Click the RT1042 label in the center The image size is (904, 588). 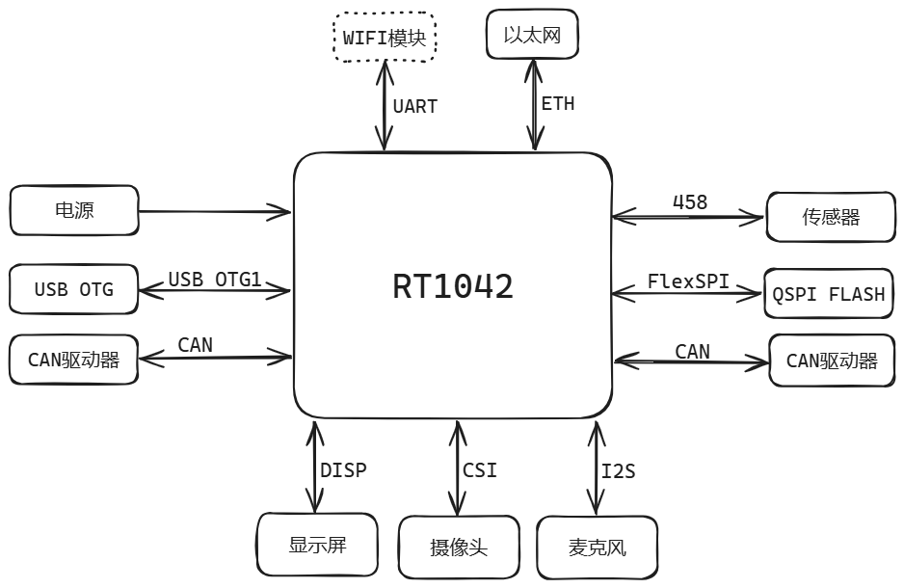coord(453,286)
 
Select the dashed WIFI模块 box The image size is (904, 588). coord(385,37)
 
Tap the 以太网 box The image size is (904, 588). coord(532,34)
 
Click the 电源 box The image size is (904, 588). coord(74,210)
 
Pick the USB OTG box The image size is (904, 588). coord(74,289)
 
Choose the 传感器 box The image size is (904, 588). coord(831,217)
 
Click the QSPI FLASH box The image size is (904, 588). coord(829,293)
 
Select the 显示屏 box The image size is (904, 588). coord(317,545)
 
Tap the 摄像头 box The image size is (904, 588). coord(459,548)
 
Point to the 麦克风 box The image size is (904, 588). coord(598,548)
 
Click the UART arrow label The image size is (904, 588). coord(415,107)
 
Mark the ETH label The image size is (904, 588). coord(558,104)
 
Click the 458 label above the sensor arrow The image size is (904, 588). coord(690,202)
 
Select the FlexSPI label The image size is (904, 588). coord(688,281)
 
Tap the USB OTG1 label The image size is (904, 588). coord(215,280)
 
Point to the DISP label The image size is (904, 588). coord(344,470)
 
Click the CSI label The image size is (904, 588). coord(480,470)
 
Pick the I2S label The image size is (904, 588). coord(619,471)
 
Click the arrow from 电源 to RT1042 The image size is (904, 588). coord(215,211)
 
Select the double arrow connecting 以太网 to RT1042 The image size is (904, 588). coord(535,104)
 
